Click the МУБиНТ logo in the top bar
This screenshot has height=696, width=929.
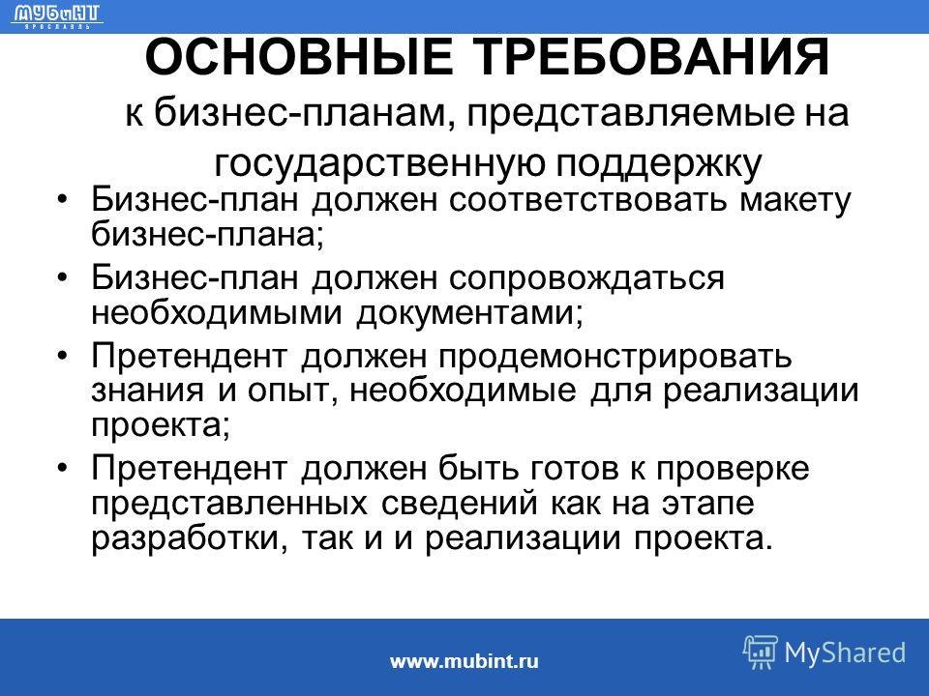coord(57,16)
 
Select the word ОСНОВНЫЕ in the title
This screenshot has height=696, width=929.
coord(299,57)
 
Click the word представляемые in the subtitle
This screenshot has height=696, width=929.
coord(630,113)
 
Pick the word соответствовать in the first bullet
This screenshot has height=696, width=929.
coord(587,200)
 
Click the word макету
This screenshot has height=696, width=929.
coord(794,201)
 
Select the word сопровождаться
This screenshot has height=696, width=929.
coord(586,278)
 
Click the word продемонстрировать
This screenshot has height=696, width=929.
coord(615,357)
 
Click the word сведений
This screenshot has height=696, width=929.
coord(459,504)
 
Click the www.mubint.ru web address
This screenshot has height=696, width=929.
coord(464,660)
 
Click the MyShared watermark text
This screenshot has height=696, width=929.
coord(845,652)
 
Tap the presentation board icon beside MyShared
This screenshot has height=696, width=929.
coord(761,652)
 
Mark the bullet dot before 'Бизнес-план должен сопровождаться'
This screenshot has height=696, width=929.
coord(63,278)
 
